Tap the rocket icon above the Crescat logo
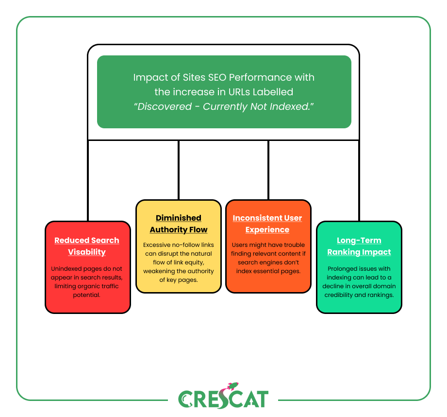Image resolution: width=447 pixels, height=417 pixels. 232,386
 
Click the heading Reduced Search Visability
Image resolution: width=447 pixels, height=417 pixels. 87,246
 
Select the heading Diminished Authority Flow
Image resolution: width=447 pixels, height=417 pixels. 179,224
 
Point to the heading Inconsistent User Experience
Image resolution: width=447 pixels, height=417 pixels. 267,224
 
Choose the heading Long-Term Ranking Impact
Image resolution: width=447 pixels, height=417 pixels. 359,246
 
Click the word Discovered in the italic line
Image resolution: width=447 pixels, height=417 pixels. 165,106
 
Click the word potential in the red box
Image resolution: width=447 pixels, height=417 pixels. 86,295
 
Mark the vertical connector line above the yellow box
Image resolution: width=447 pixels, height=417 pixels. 179,170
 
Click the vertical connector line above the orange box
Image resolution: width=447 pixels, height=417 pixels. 268,170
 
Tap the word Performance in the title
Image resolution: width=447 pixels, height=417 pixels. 260,77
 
